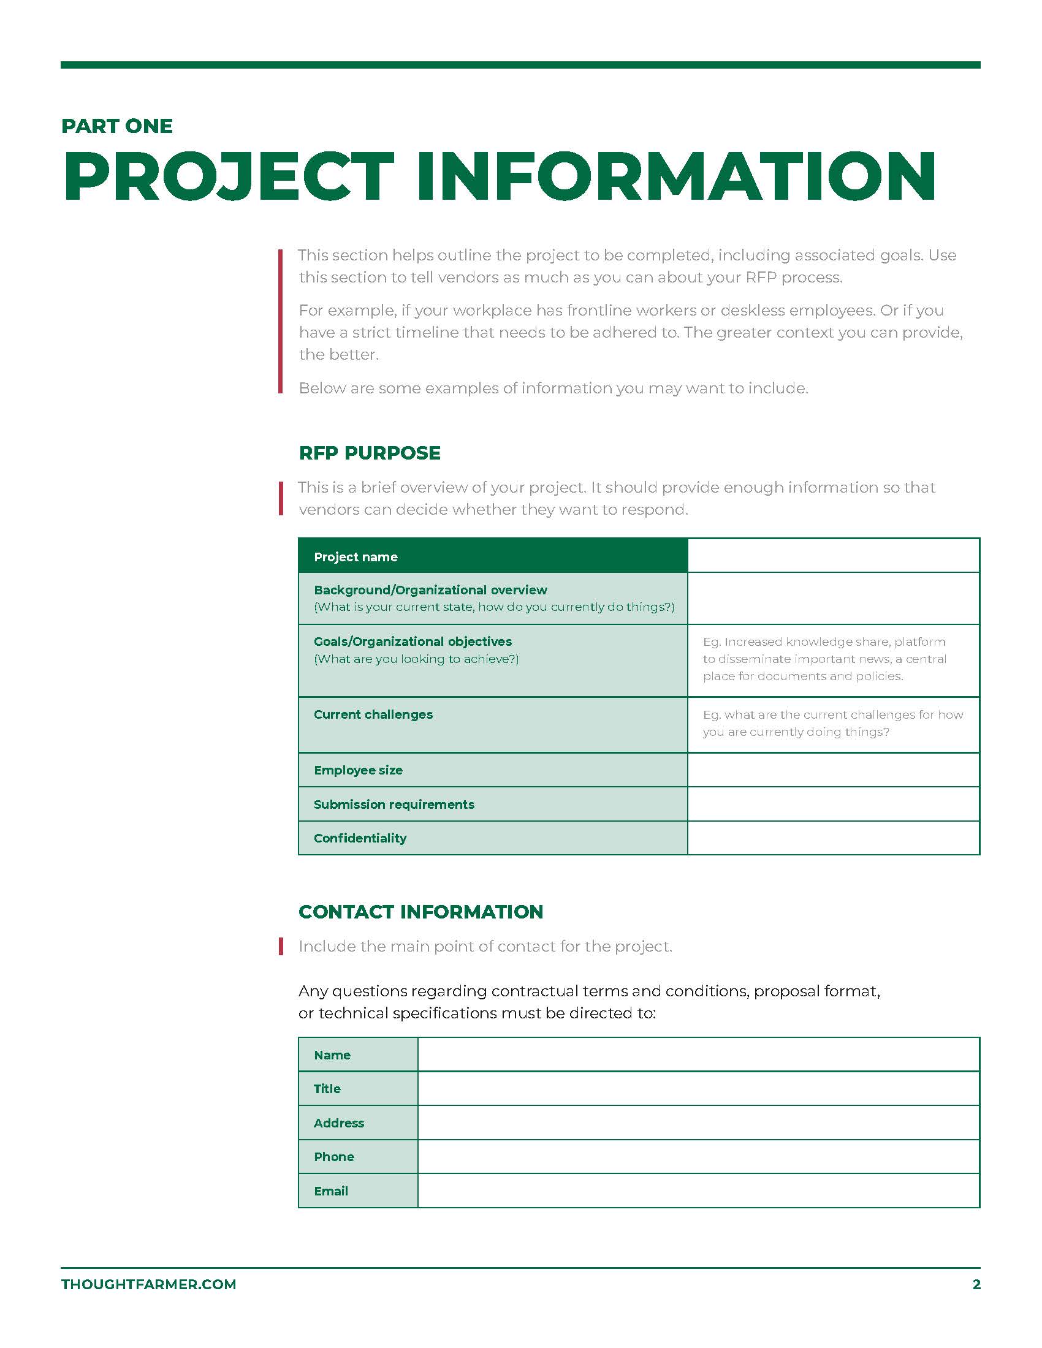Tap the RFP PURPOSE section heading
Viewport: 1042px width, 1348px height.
(x=369, y=453)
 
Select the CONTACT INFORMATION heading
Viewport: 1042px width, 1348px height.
(x=420, y=912)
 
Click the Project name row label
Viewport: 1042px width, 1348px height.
(x=356, y=557)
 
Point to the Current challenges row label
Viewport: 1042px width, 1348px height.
(x=373, y=714)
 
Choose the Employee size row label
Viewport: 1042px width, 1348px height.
(x=358, y=770)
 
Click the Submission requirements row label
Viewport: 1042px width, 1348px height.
(x=394, y=805)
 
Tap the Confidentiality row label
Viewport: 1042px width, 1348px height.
(x=360, y=838)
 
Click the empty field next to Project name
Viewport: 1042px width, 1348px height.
(x=833, y=556)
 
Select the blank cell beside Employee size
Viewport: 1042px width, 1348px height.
(x=833, y=770)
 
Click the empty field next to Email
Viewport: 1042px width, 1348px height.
(x=698, y=1191)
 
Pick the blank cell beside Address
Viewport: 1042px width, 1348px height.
(x=698, y=1123)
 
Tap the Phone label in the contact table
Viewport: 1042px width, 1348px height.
(x=334, y=1157)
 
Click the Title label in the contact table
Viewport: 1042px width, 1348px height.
(x=327, y=1089)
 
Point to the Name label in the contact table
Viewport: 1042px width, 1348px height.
(x=332, y=1055)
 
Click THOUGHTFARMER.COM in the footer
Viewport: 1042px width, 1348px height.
(x=149, y=1284)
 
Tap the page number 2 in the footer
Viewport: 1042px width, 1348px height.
(x=976, y=1284)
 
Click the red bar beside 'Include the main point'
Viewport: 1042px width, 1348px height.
(x=281, y=946)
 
